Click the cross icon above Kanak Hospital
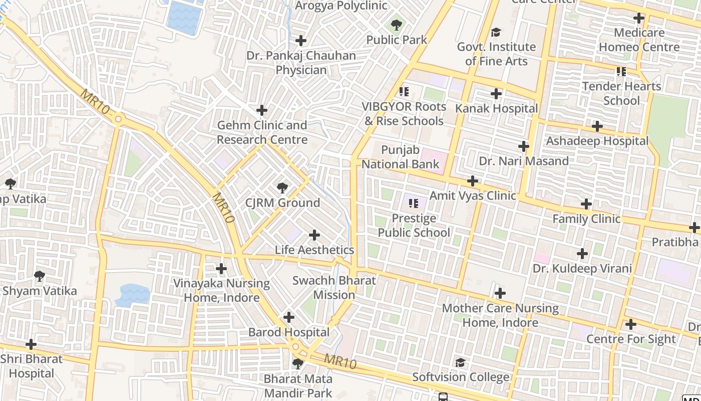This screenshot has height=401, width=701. tap(496, 94)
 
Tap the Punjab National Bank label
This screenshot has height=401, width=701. tap(400, 157)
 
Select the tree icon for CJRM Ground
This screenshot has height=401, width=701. tap(282, 188)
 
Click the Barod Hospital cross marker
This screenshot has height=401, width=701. tap(289, 317)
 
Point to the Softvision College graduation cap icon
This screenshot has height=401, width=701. tap(460, 362)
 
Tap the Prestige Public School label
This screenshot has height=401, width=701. tap(414, 226)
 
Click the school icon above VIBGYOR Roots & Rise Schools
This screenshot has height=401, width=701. tap(404, 92)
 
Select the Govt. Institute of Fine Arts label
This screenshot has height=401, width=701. tap(496, 54)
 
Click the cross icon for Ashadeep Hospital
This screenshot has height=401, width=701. tap(597, 126)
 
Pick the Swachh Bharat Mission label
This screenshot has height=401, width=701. tap(334, 288)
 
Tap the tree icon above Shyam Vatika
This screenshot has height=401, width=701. tap(40, 276)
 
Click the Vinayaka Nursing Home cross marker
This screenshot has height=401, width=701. tap(221, 269)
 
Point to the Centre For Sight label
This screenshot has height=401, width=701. tap(631, 339)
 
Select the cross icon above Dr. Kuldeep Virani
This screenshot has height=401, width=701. tap(582, 254)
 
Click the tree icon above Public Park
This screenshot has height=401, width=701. tap(397, 25)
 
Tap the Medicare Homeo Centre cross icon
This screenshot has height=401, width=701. tap(639, 19)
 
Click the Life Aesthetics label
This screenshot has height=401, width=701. tap(314, 250)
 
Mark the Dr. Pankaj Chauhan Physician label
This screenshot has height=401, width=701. tap(301, 63)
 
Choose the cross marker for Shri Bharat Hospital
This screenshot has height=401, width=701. tap(31, 344)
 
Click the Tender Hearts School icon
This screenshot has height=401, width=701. tap(621, 72)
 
